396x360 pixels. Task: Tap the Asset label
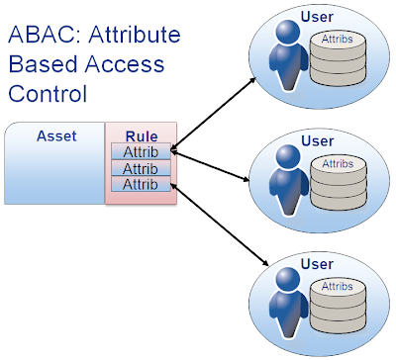click(x=55, y=136)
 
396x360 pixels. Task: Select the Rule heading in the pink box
click(x=141, y=136)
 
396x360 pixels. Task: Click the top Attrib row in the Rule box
click(x=141, y=152)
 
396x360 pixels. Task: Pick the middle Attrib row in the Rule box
click(x=141, y=168)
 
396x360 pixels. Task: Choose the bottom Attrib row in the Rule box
click(x=141, y=184)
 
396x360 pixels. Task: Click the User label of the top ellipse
click(x=315, y=17)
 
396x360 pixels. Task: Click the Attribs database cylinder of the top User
click(x=333, y=59)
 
